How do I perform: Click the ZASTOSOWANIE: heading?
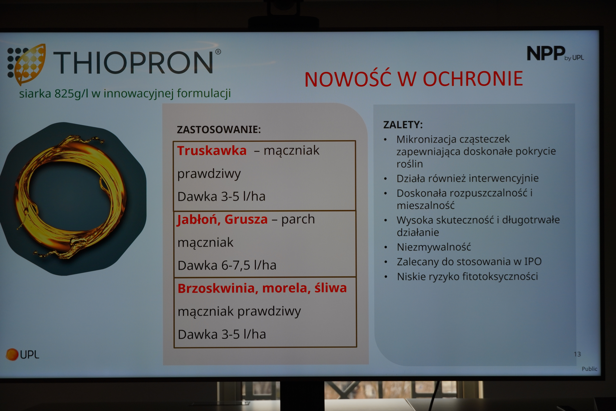[219, 129]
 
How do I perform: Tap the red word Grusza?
[246, 219]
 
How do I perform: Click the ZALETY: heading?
[403, 125]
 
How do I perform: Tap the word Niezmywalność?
[434, 247]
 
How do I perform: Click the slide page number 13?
[577, 354]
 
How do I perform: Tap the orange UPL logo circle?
[12, 354]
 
